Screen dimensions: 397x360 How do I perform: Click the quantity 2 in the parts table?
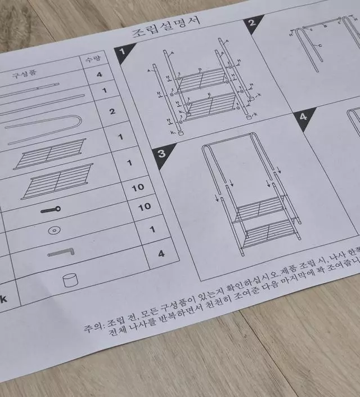click(112, 111)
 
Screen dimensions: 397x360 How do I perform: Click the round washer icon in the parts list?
click(55, 230)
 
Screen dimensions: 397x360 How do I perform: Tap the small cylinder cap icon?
click(70, 280)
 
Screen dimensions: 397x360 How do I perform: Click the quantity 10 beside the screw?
click(137, 187)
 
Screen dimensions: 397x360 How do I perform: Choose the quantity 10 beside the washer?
click(145, 207)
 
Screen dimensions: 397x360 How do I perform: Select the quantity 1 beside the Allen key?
click(152, 229)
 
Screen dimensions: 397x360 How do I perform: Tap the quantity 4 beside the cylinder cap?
click(161, 253)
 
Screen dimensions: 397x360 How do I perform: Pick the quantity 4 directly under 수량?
click(100, 74)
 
